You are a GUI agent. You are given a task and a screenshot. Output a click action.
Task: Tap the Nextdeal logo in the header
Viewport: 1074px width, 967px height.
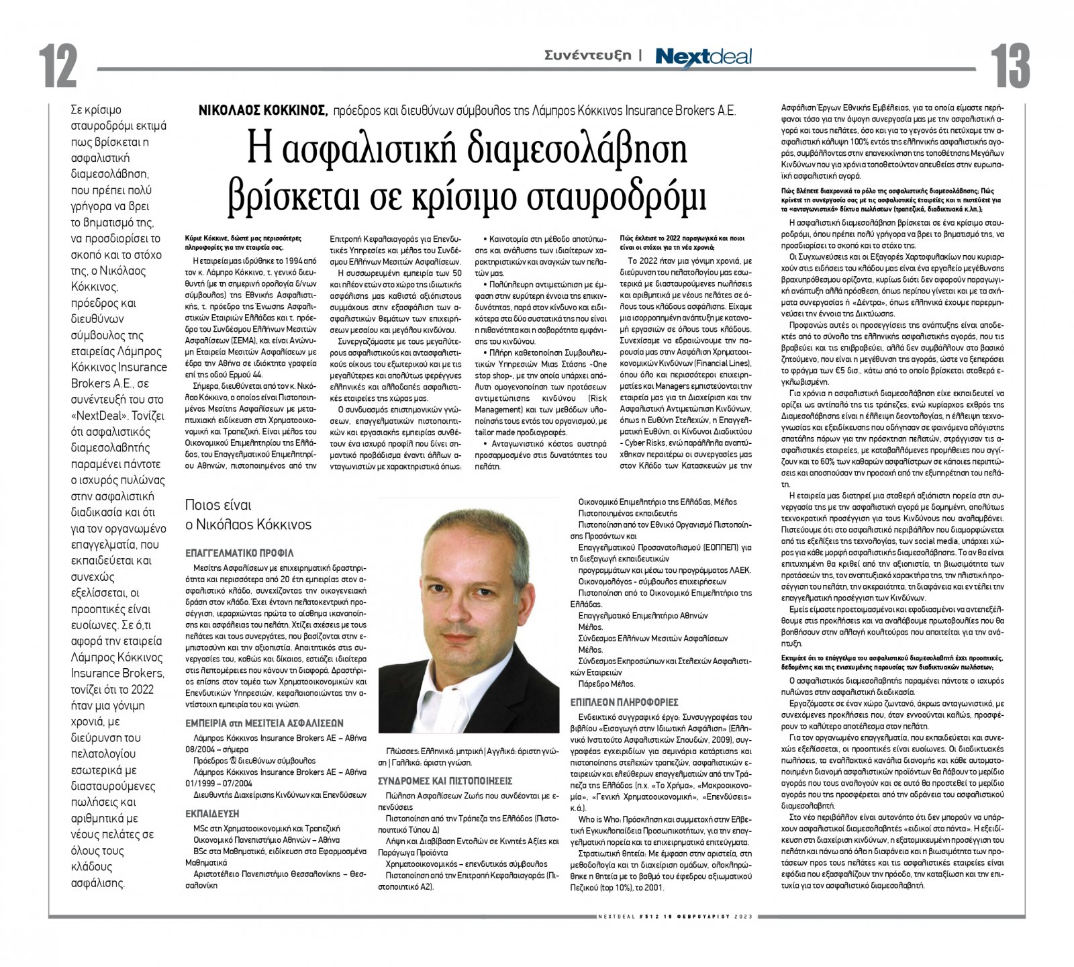point(703,56)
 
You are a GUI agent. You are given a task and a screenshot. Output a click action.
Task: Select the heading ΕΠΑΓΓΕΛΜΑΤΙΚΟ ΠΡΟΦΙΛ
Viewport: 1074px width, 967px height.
point(240,553)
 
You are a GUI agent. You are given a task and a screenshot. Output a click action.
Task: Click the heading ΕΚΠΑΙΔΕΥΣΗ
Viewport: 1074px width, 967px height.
point(213,813)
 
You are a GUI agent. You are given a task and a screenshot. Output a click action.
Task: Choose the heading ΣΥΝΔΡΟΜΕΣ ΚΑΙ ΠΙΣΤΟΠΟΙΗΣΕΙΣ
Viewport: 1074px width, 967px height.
point(445,781)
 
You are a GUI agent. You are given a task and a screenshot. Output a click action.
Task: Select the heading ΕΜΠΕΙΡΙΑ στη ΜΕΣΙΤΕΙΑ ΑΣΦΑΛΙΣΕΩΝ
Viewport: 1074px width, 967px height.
point(264,723)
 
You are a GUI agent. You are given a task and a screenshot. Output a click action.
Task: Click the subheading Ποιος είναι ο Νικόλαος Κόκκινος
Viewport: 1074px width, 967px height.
point(248,514)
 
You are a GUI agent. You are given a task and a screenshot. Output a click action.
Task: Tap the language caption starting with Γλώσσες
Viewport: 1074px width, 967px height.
point(468,756)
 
